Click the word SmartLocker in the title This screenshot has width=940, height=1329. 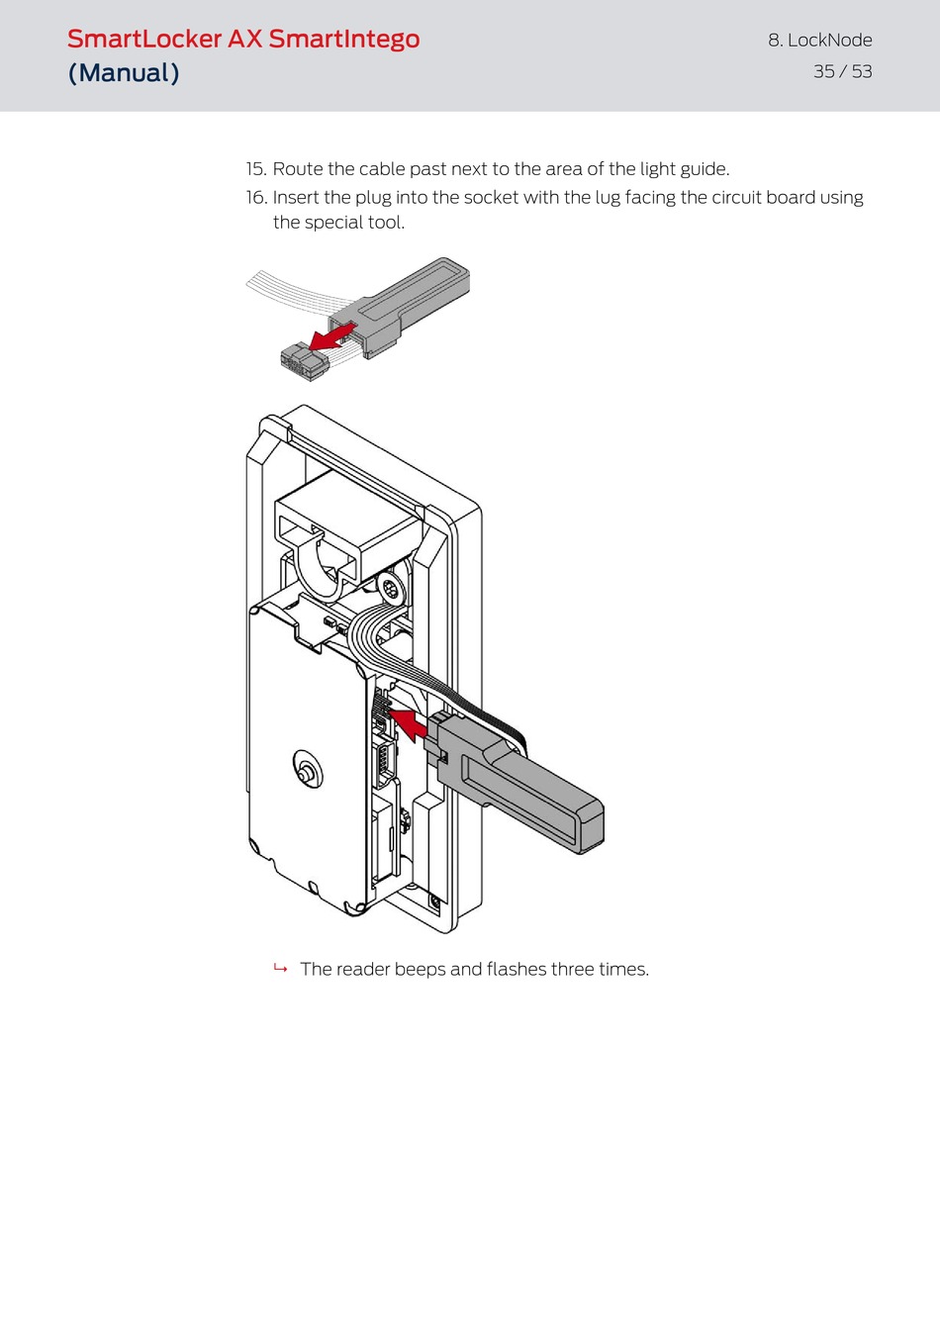click(x=144, y=40)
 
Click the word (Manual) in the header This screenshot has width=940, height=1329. click(x=124, y=73)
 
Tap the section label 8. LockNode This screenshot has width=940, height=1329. click(x=820, y=40)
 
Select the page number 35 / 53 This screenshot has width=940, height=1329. click(x=843, y=71)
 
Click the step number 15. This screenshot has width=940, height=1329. click(x=256, y=169)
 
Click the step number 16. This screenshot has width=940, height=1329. click(x=256, y=197)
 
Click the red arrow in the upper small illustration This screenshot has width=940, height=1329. click(x=332, y=337)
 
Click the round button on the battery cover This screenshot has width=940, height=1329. click(x=307, y=771)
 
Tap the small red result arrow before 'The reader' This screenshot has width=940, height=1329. click(x=281, y=968)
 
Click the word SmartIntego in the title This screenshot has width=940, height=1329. click(x=344, y=40)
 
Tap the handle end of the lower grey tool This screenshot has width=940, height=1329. click(x=589, y=826)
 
